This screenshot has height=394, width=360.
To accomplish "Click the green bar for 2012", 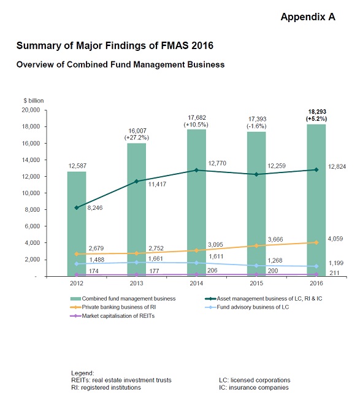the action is coord(77,224).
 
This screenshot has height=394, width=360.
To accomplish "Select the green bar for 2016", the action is coord(316,200).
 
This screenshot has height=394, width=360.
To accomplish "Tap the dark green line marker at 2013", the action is coord(137,181).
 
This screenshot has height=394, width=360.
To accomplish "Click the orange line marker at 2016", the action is coord(316,242).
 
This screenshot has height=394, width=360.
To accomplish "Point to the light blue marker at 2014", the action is coord(197,263).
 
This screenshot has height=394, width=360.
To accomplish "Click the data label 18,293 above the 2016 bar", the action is coord(317,112).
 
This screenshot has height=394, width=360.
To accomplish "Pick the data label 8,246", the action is coord(95,208).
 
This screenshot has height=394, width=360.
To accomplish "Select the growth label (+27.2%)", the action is coord(137,137).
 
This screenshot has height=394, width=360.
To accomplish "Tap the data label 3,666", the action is coord(275,239).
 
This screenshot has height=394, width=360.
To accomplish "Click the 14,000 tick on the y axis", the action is coord(31,160).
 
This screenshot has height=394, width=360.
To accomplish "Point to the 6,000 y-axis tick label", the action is coord(33,226).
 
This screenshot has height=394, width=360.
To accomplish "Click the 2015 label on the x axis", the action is coord(256,283).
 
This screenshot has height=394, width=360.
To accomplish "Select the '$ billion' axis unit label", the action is coord(33,101).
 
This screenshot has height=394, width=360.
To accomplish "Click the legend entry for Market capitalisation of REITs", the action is coord(113,316).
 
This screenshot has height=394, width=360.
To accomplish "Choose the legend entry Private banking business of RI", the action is coord(113,307).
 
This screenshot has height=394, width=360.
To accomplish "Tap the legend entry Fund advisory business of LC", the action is coord(247,307).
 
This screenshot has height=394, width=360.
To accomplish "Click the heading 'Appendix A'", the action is coord(308,17).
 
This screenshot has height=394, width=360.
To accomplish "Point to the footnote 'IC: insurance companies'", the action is coord(254,387).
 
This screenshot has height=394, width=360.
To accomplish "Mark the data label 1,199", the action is coord(336,263).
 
